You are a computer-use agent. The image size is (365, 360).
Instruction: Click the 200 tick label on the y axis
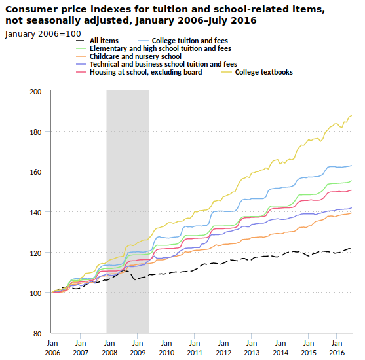(x=35, y=92)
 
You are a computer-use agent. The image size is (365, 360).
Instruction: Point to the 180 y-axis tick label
(x=35, y=132)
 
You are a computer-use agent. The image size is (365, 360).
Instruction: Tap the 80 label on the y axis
(x=37, y=334)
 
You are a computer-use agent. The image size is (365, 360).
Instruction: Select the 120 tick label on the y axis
(x=35, y=253)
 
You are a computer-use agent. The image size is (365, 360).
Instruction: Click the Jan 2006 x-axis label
(x=52, y=348)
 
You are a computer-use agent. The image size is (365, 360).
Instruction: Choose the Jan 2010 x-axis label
(x=166, y=348)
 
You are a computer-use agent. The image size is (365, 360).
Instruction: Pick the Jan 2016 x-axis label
(x=337, y=348)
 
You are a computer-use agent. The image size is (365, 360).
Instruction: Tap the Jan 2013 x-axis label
(x=252, y=348)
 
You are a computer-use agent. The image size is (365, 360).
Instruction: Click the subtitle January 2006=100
(x=43, y=34)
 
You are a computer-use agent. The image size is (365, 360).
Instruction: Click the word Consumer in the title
(x=31, y=10)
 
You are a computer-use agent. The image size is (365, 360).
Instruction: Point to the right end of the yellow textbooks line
(x=351, y=115)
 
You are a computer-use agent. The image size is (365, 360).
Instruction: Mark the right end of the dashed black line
(x=351, y=249)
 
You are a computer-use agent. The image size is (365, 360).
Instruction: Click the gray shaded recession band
(x=128, y=211)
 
